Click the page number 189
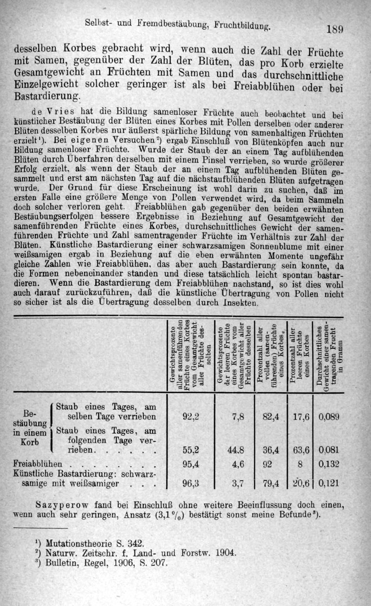(x=335, y=29)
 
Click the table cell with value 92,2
(x=190, y=417)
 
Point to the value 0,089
(x=329, y=417)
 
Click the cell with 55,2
(x=190, y=449)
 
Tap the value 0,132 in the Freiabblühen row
(x=329, y=464)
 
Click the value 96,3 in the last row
(x=190, y=483)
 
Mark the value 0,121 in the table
(x=329, y=483)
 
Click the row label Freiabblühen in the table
(x=38, y=464)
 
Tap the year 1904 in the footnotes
(x=223, y=553)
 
